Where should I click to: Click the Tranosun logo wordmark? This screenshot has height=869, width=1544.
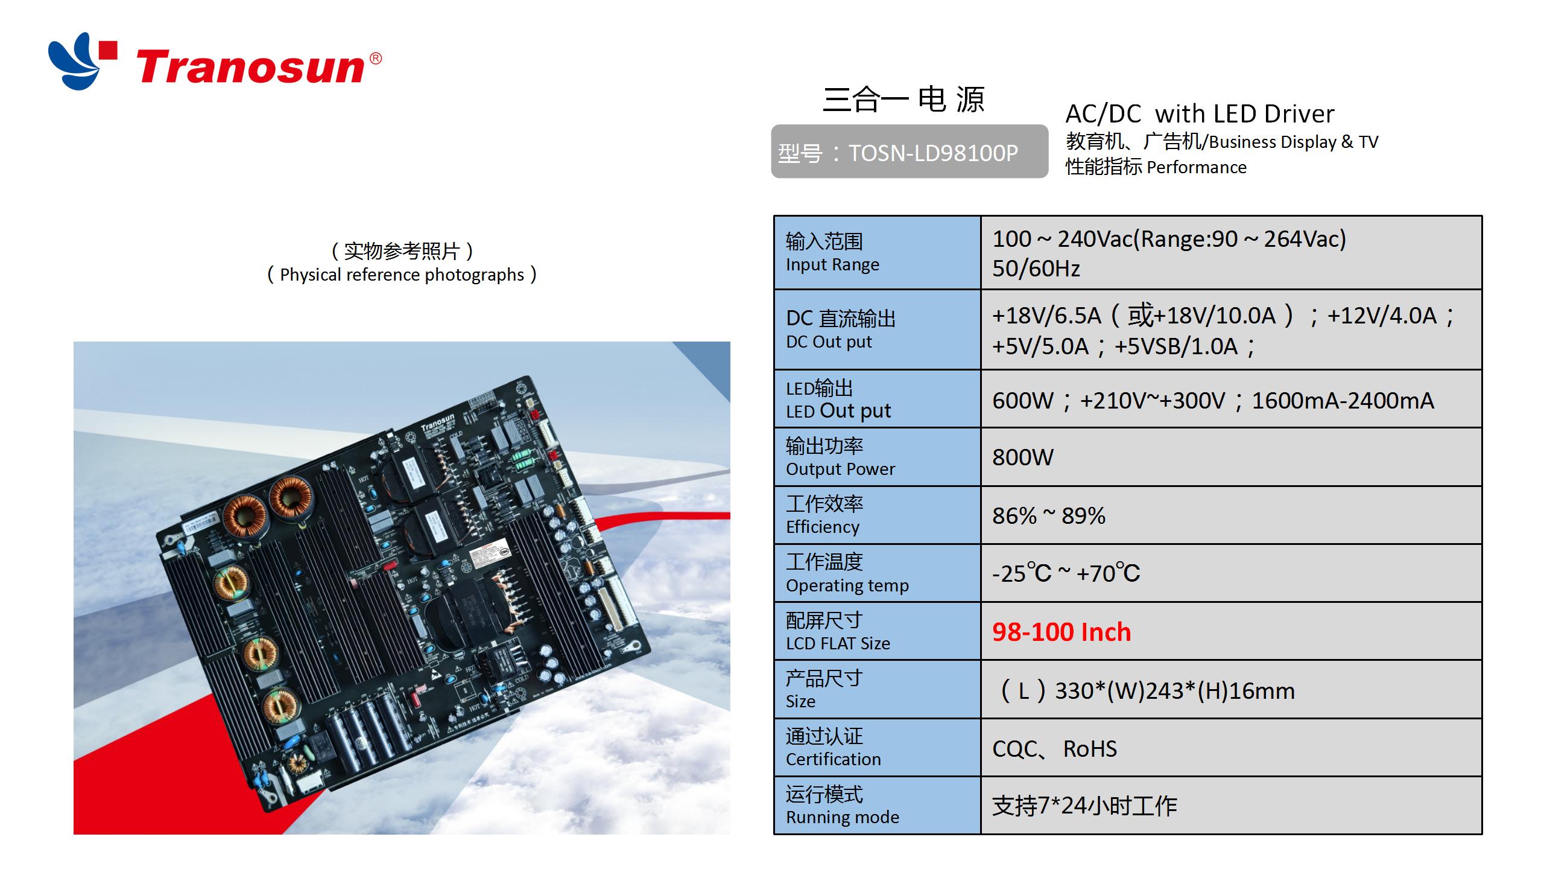250,68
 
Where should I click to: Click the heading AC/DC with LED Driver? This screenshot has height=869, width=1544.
1200,113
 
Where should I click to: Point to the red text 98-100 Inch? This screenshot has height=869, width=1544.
1061,632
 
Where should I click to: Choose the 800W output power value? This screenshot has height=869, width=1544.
1023,457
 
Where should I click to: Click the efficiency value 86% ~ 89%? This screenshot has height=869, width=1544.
1049,516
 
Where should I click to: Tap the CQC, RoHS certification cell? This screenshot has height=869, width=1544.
1055,749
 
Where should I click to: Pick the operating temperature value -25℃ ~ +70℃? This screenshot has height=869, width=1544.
1066,573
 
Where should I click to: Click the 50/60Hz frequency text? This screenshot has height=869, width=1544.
1036,269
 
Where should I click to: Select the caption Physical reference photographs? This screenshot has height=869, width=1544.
402,275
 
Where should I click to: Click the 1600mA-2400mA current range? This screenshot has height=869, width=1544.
1343,401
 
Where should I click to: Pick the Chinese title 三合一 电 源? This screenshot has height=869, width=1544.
903,100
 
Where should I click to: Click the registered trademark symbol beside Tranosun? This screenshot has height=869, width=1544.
375,59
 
